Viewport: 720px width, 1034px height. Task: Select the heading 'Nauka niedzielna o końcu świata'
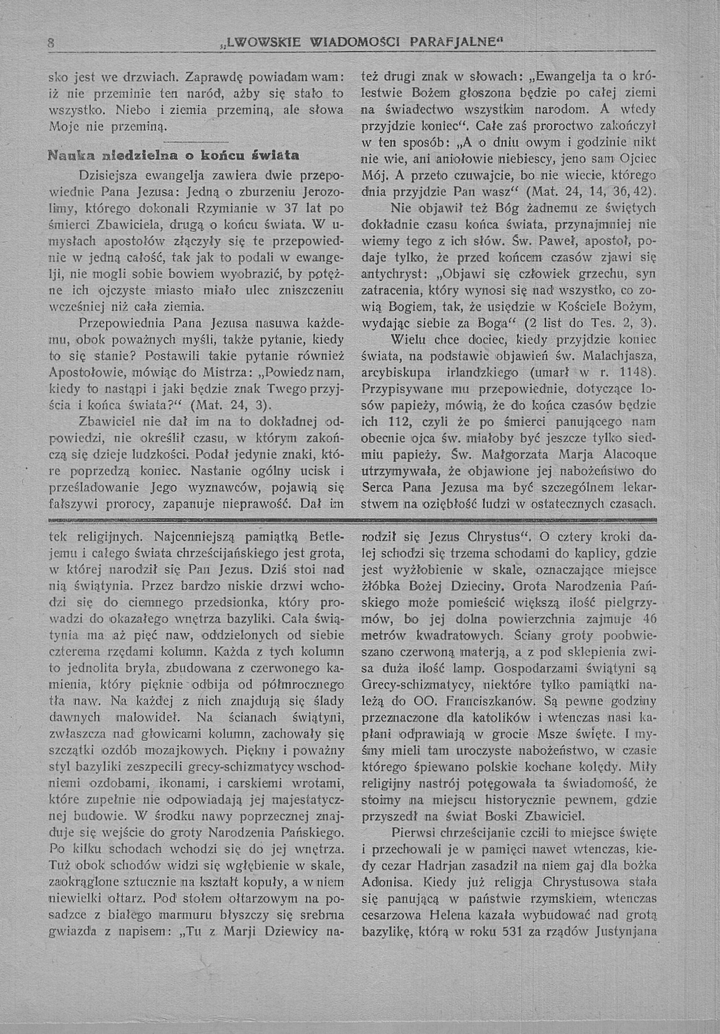[174, 156]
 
